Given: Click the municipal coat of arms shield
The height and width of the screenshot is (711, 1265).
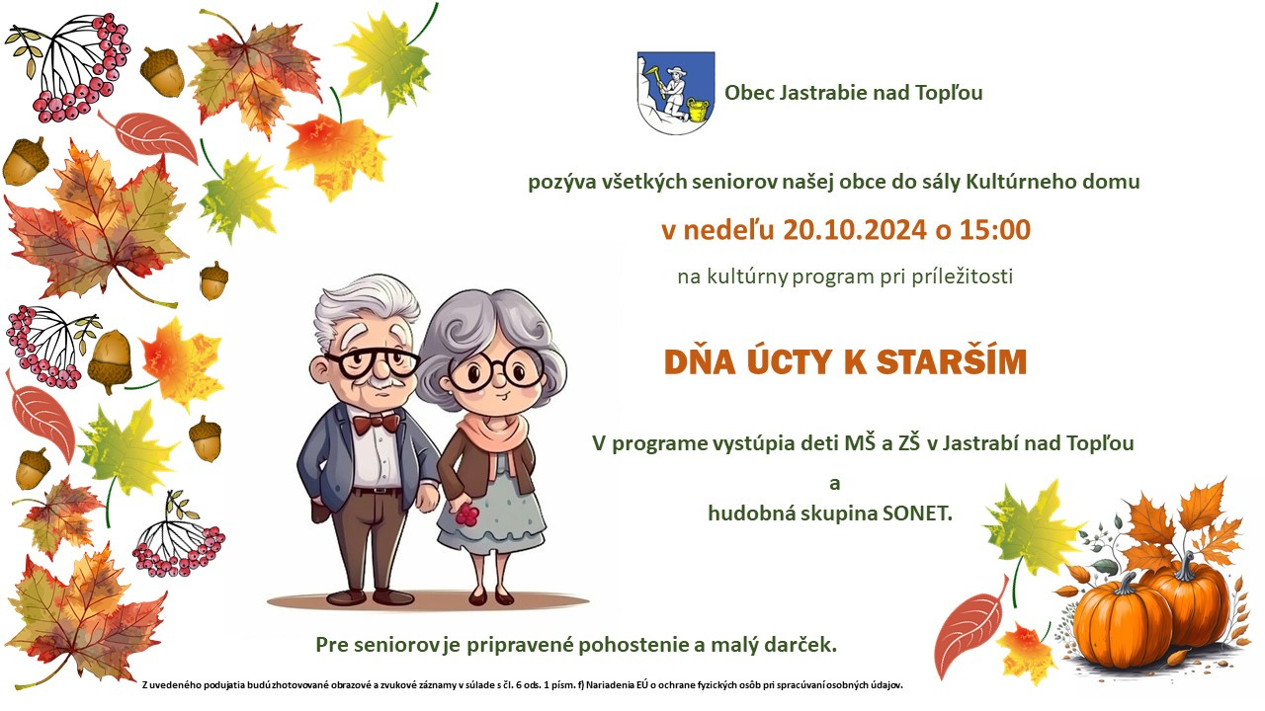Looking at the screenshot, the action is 676,93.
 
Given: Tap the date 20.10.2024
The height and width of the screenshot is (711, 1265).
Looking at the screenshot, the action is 855,230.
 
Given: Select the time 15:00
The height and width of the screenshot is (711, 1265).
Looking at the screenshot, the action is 995,230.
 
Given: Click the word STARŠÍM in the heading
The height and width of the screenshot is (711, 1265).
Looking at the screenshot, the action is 952,361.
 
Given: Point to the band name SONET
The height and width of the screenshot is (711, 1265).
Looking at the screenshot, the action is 917,513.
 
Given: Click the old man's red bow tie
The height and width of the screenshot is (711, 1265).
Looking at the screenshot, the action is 377,424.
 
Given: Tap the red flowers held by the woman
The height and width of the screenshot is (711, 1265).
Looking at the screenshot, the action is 467,514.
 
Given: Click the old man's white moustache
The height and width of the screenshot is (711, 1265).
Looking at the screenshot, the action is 382,382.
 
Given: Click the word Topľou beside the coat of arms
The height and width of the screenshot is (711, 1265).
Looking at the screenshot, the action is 949,93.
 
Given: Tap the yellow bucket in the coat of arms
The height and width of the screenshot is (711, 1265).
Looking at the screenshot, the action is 698,110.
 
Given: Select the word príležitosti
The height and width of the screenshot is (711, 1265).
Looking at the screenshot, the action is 963,276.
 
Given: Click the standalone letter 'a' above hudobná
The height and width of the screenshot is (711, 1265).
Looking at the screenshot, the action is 835,484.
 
